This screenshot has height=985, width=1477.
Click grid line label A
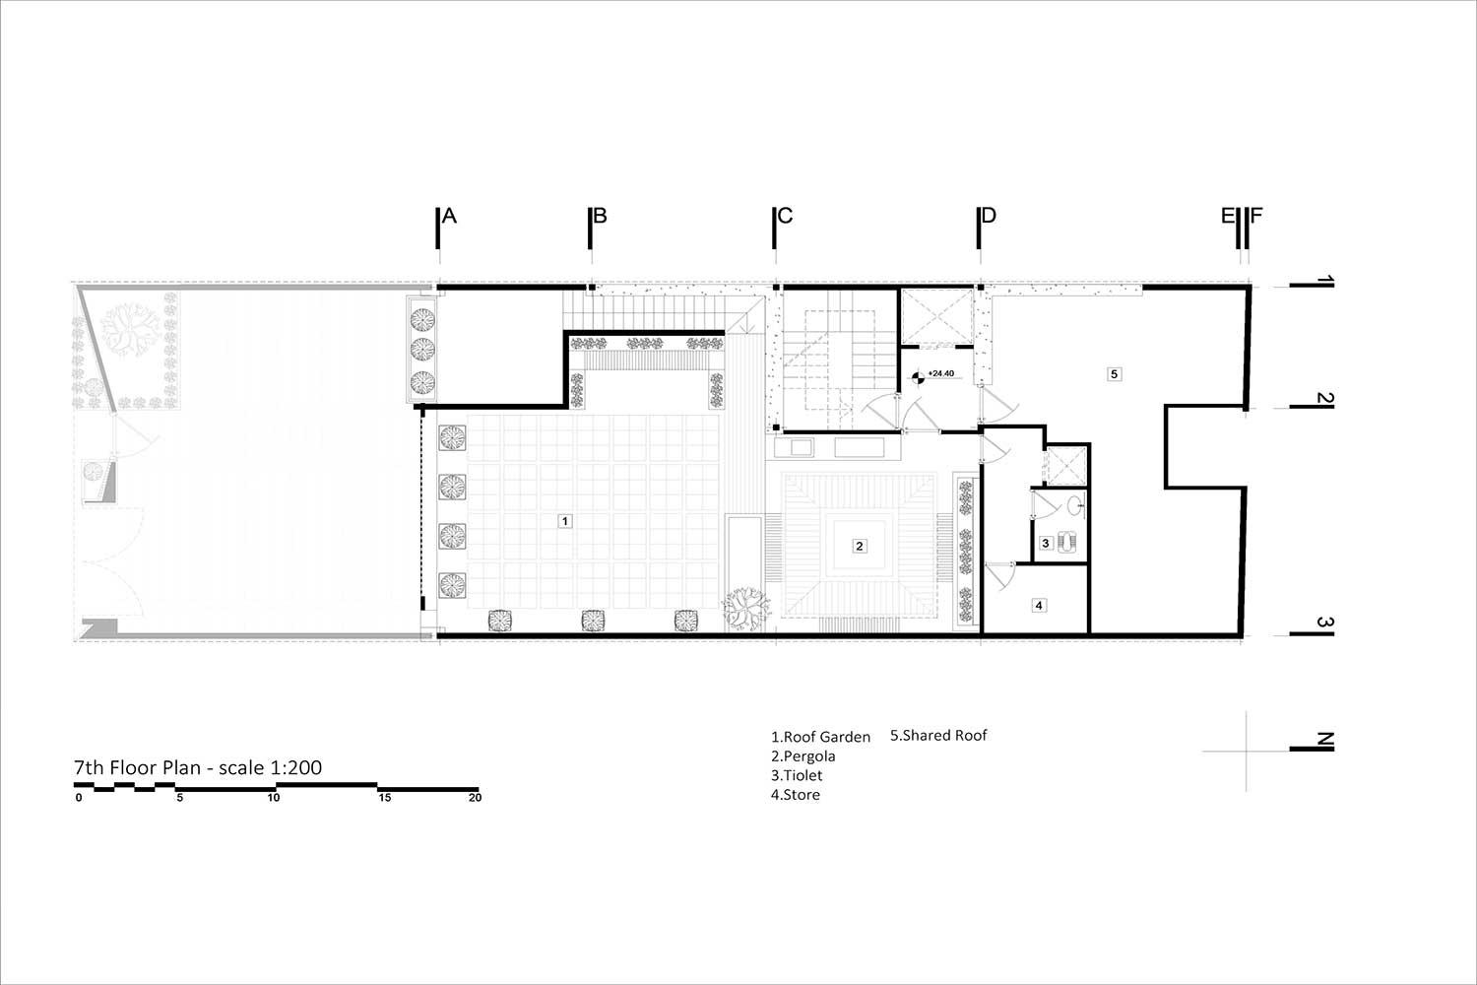pyautogui.click(x=449, y=216)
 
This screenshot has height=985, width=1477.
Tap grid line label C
pyautogui.click(x=785, y=216)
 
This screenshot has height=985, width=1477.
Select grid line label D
pyautogui.click(x=989, y=216)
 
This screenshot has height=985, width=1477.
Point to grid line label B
pyautogui.click(x=600, y=216)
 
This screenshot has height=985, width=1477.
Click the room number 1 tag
pyautogui.click(x=564, y=521)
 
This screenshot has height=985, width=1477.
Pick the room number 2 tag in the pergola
pyautogui.click(x=860, y=546)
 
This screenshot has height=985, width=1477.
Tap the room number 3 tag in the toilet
pyautogui.click(x=1046, y=544)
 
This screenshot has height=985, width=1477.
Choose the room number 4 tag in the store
pyautogui.click(x=1039, y=605)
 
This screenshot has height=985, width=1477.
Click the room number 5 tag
pyautogui.click(x=1115, y=374)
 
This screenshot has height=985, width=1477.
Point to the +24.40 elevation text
pyautogui.click(x=941, y=373)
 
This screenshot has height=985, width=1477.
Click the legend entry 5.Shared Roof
pyautogui.click(x=938, y=735)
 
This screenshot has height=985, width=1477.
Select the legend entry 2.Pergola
pyautogui.click(x=803, y=756)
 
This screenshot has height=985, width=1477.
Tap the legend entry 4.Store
pyautogui.click(x=796, y=794)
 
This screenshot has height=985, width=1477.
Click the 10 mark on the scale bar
pyautogui.click(x=274, y=798)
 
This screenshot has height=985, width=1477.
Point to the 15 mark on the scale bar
pyautogui.click(x=384, y=798)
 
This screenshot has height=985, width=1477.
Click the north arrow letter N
pyautogui.click(x=1324, y=740)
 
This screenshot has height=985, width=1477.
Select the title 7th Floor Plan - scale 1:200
pyautogui.click(x=198, y=767)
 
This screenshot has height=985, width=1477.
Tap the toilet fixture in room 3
pyautogui.click(x=1066, y=543)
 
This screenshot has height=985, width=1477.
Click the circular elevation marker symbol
pyautogui.click(x=917, y=378)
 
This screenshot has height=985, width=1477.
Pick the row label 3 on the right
pyautogui.click(x=1324, y=623)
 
